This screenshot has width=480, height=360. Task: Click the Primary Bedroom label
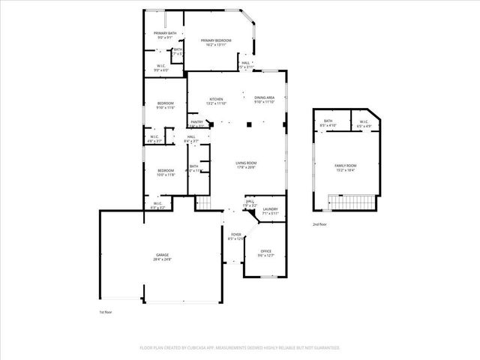pos(216,41)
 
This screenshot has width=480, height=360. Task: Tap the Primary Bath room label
pos(165,33)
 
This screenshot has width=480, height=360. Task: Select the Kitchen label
pos(216,99)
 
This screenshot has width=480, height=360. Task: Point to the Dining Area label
pos(264,97)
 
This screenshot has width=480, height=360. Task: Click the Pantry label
pos(196,121)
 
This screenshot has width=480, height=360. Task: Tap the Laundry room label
pos(270,209)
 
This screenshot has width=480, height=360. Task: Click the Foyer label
pos(235,234)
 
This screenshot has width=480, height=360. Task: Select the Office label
pos(265,251)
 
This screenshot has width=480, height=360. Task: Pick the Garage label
pos(163,256)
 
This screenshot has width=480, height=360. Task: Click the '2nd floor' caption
pos(321,224)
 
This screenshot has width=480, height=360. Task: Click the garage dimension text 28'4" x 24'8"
pos(163,259)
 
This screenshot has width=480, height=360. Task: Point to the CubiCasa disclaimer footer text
pos(240,348)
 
